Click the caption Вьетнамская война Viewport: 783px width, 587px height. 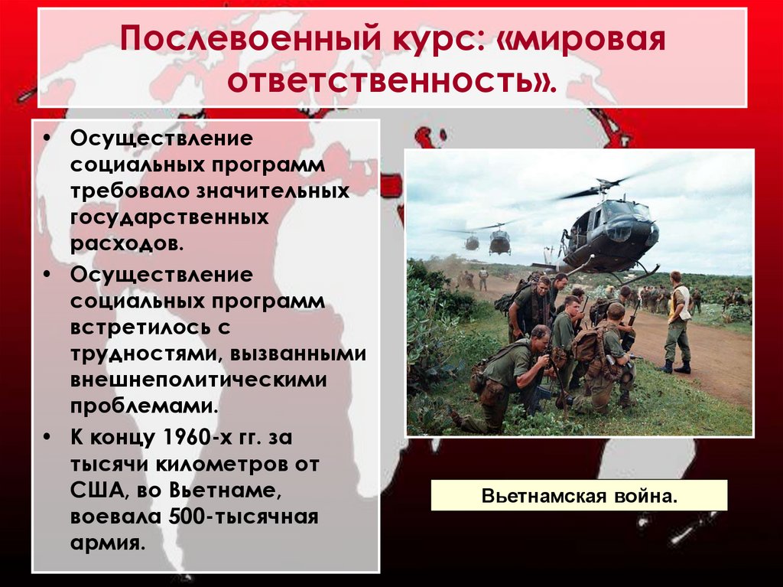click(579, 496)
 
